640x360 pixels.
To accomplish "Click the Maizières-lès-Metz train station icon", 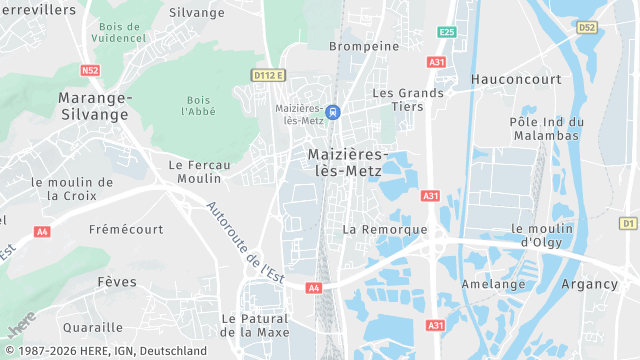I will tap(333, 112).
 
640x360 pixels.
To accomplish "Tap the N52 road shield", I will tap(91, 70).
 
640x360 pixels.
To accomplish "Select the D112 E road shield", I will tap(268, 75).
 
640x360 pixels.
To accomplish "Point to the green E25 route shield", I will tap(446, 33).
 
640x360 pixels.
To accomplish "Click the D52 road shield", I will tap(587, 27).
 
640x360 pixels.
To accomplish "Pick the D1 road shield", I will tap(628, 222).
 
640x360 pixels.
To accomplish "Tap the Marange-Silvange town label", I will tap(94, 106).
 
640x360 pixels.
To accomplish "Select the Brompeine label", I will tap(364, 46).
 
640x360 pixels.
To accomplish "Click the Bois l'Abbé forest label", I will tap(199, 105).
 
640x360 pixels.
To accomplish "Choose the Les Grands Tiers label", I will tap(407, 99).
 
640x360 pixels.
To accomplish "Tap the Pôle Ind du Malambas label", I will tap(546, 128).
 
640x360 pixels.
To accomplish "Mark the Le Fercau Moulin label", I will tap(199, 171).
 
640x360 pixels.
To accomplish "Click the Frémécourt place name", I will tap(126, 229).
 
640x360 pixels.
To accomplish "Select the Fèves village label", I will tap(117, 282).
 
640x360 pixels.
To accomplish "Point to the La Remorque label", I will tap(385, 229).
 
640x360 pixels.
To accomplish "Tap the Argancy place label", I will tap(589, 284).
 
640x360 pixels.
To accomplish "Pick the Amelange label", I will tap(493, 284).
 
